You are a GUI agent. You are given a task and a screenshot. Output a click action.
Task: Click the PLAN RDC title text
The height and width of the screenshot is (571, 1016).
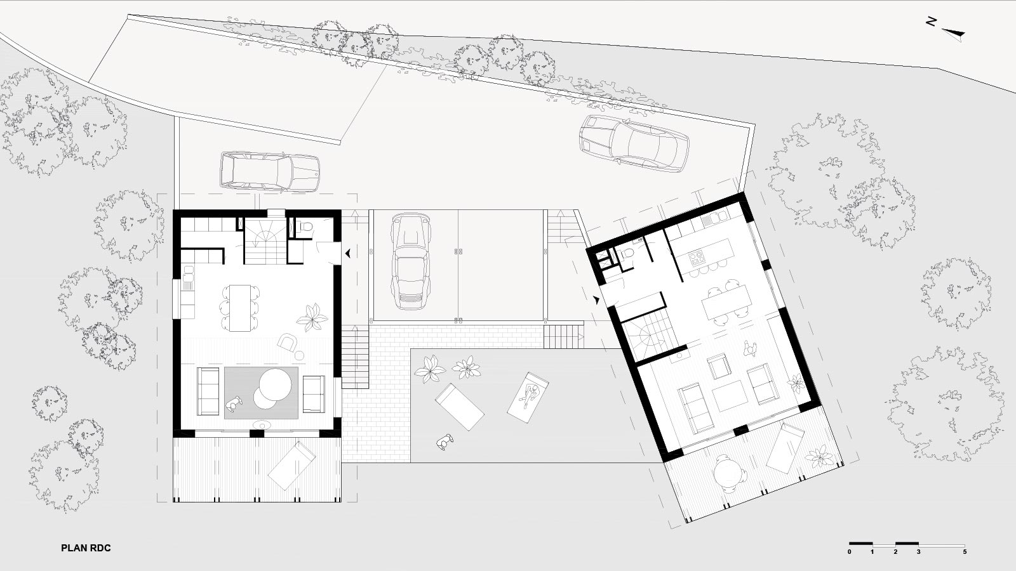tap(86, 548)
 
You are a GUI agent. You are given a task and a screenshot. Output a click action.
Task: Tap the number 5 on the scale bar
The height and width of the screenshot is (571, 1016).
tap(965, 552)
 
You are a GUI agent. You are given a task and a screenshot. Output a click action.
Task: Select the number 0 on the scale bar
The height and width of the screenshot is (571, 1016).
tap(850, 552)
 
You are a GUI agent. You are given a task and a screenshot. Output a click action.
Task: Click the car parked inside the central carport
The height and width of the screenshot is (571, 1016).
tap(410, 261)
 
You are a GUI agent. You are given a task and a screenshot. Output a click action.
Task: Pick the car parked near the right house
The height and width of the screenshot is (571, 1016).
tap(634, 143)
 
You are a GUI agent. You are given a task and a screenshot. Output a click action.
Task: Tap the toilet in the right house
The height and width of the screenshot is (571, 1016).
tap(628, 254)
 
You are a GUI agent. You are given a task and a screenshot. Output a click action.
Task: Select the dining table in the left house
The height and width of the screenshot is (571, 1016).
tap(240, 308)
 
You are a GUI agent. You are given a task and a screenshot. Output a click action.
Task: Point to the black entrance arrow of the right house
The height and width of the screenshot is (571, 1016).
tap(596, 299)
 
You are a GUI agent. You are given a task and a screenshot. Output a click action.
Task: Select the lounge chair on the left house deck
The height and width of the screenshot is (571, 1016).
tap(291, 465)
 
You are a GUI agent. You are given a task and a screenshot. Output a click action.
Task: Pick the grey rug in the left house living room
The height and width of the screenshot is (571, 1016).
tap(261, 393)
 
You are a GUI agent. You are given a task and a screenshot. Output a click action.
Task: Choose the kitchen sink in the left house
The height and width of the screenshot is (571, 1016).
tap(188, 272)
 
